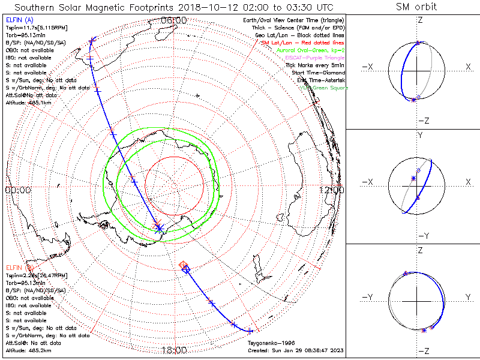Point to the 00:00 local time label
point(17,190)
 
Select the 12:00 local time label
point(331,190)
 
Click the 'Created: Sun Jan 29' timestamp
point(294,350)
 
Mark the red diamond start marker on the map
point(184,265)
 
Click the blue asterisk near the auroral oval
point(159,227)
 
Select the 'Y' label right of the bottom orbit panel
point(467,297)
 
